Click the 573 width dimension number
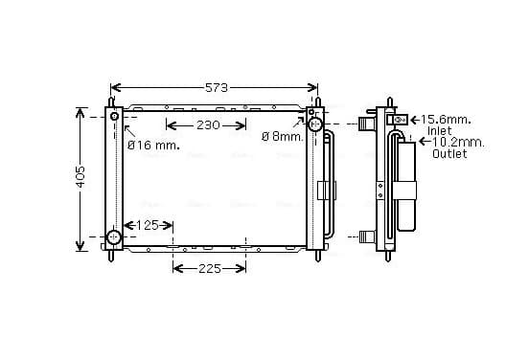[x=217, y=88]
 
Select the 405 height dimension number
[x=80, y=176]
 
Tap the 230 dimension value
[x=208, y=125]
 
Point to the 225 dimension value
[x=210, y=269]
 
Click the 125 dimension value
[x=147, y=225]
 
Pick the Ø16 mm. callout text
[x=153, y=146]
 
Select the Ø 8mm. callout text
[x=283, y=137]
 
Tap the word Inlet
[x=439, y=131]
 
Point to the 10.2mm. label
[x=458, y=143]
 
